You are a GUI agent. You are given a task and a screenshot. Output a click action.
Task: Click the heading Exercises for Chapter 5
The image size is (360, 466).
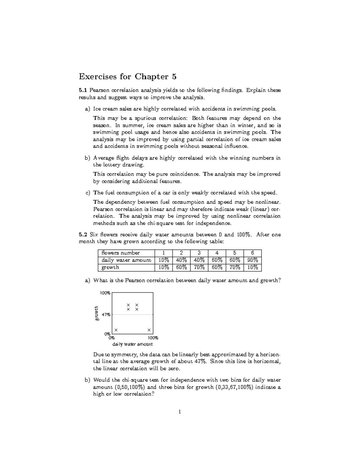(127, 77)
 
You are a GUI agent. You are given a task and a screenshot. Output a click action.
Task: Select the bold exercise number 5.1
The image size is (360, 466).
(83, 90)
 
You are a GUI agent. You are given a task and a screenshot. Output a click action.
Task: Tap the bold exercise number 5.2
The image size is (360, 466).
(83, 235)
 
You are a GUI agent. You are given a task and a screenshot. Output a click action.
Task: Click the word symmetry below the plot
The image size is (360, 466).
(124, 354)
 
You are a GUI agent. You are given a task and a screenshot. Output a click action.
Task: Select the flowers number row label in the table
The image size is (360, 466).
(121, 253)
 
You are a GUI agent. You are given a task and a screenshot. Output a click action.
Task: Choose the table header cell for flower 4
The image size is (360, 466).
(217, 253)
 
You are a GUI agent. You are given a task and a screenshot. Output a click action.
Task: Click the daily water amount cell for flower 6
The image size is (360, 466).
(252, 260)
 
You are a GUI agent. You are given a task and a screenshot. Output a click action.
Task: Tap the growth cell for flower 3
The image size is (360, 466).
(199, 267)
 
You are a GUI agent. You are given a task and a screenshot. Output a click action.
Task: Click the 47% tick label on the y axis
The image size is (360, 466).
(106, 315)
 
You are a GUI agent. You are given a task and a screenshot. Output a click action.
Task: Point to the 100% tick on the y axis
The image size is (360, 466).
(105, 293)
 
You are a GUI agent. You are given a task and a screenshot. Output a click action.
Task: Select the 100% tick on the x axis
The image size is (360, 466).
(153, 338)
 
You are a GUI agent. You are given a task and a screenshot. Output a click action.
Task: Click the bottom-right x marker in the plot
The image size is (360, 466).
(149, 330)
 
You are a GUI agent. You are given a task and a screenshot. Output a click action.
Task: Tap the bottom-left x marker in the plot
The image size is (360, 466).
(116, 330)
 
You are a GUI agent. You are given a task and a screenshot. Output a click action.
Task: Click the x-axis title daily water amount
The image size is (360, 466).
(132, 344)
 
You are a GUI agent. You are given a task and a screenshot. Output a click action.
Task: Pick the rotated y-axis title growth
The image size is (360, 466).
(96, 314)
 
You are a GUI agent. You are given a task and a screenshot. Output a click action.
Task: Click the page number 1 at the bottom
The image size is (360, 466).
(180, 412)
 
